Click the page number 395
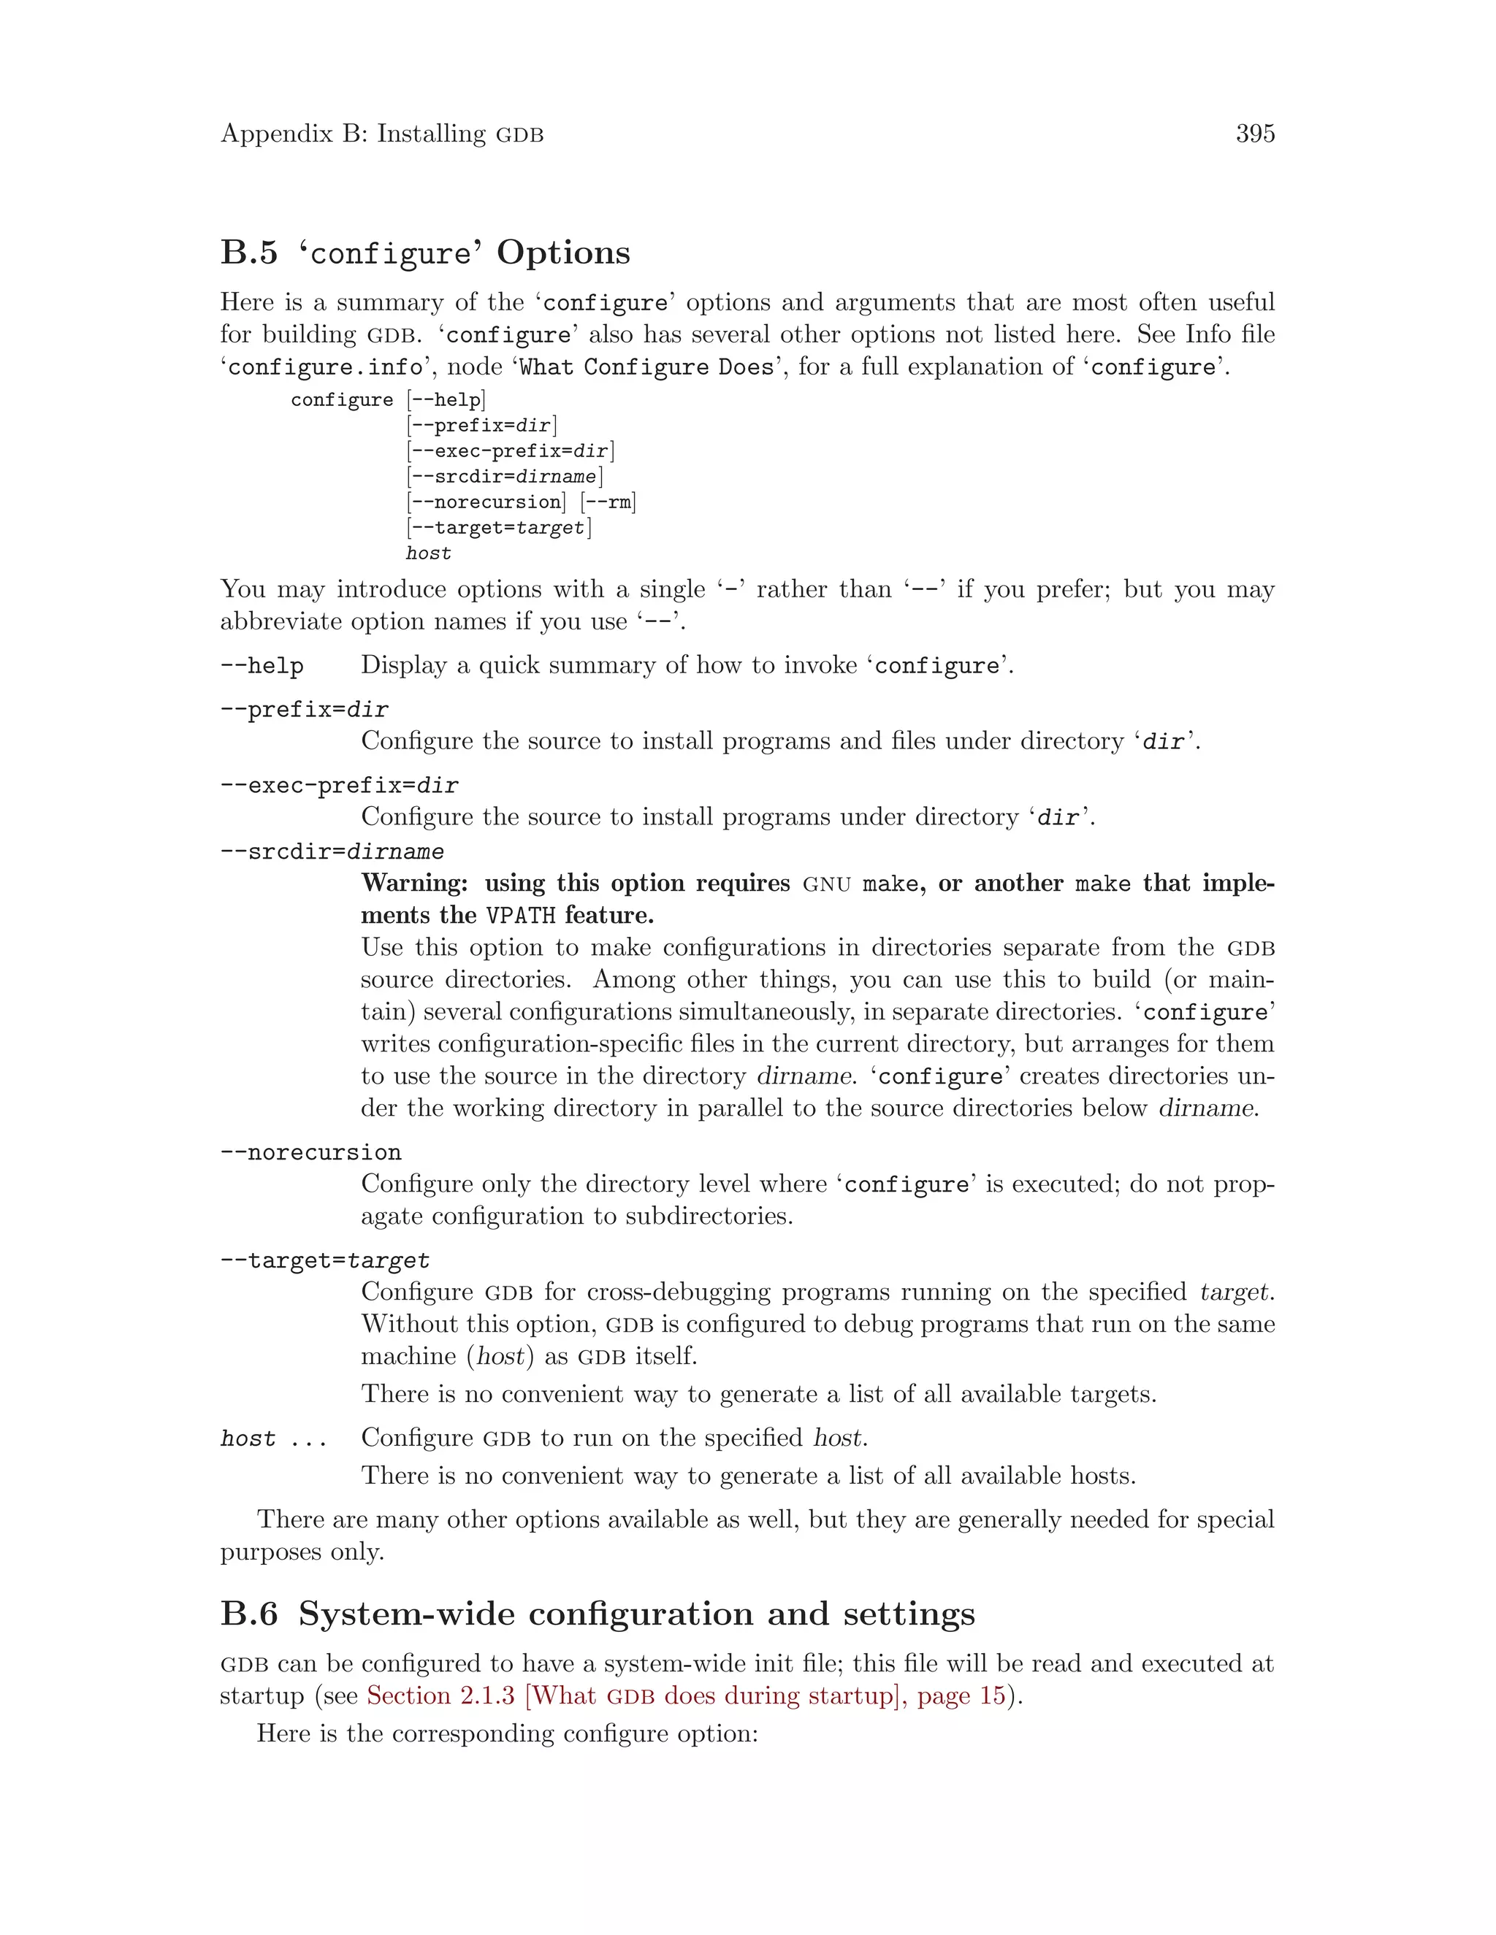[x=1254, y=134]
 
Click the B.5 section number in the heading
[x=248, y=253]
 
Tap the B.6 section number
[x=248, y=1614]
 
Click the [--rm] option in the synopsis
[x=608, y=502]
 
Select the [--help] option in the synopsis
[x=446, y=399]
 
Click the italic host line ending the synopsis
[x=428, y=553]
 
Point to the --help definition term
[x=262, y=665]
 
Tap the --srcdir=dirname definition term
[x=332, y=852]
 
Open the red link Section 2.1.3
[x=440, y=1695]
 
